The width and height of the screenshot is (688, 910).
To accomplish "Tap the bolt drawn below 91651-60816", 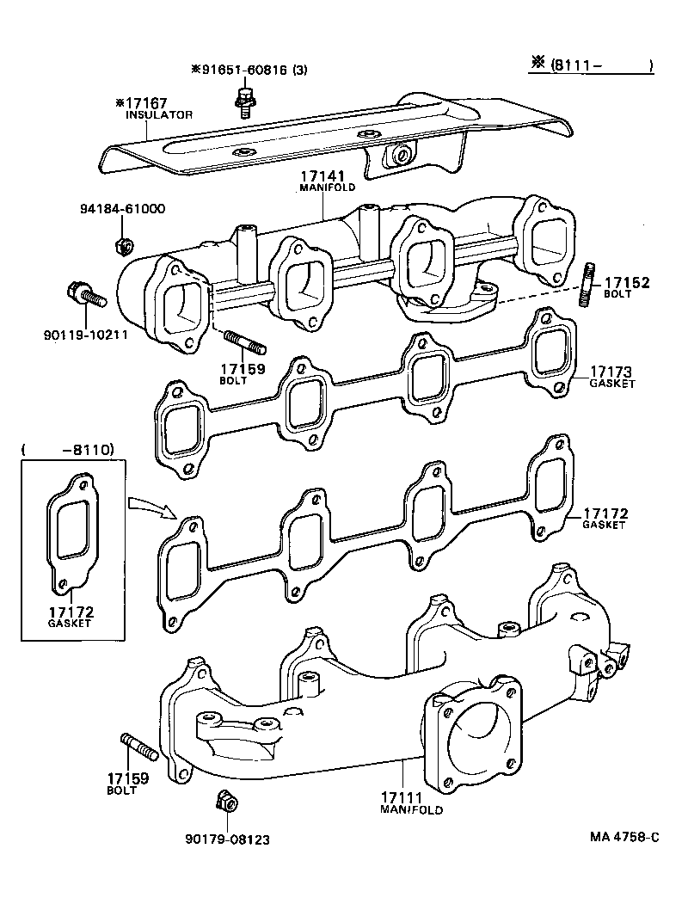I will [x=246, y=98].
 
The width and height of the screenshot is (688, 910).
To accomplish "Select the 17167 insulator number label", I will [x=154, y=103].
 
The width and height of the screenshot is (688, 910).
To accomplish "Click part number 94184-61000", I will [x=122, y=209].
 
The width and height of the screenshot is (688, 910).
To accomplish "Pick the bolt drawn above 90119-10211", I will [x=83, y=295].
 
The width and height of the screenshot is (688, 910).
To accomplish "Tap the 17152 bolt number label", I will [x=625, y=282].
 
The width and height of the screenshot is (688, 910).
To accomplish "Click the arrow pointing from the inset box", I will [x=152, y=507].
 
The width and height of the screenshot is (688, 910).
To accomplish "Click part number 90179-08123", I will [x=227, y=839].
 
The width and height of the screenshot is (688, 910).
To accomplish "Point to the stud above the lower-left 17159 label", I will [x=138, y=747].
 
